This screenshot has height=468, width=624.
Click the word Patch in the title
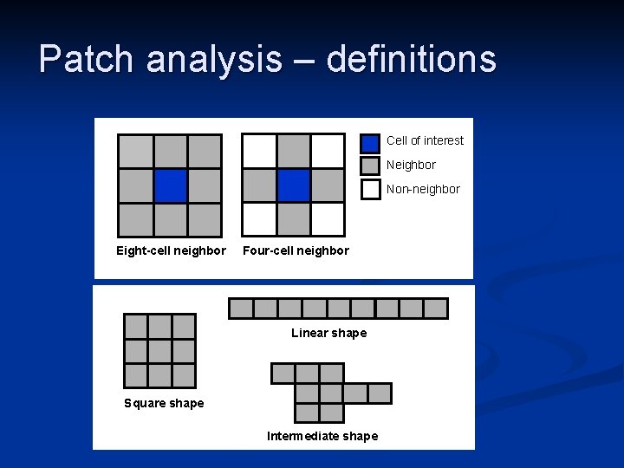[87, 59]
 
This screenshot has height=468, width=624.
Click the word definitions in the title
[411, 59]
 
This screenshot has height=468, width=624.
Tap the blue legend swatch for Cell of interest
[370, 142]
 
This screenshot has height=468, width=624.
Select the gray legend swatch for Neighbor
[370, 166]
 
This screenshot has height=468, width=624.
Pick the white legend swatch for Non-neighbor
[370, 189]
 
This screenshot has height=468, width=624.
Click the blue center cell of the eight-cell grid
[171, 185]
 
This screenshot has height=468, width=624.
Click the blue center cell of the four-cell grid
[294, 185]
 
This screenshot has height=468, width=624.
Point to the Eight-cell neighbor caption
[171, 251]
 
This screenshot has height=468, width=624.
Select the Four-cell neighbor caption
[296, 251]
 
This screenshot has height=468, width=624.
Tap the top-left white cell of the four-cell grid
[259, 151]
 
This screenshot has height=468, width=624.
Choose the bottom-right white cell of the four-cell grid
[328, 219]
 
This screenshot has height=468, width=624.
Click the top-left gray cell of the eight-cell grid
[135, 151]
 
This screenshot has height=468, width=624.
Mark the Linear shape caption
[328, 334]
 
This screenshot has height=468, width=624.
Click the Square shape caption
[164, 403]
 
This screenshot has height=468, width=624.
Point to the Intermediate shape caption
[322, 436]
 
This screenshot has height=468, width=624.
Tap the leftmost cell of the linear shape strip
[241, 309]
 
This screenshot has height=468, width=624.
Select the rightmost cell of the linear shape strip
[435, 309]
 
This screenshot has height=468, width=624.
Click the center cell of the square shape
[159, 351]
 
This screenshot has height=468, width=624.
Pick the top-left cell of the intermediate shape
[283, 374]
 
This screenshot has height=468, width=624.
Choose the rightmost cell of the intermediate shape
[380, 393]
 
